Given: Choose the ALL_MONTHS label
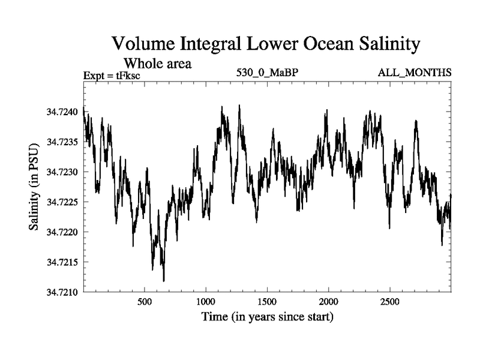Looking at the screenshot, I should click(414, 73).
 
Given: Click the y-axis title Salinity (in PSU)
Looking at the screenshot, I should click(34, 187).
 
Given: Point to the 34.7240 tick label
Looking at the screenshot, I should click(62, 112).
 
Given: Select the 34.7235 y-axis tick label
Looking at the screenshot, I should click(62, 142).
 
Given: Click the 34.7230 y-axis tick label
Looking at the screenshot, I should click(62, 172).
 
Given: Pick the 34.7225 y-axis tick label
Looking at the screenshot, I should click(62, 202).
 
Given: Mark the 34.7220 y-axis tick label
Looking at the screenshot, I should click(62, 232).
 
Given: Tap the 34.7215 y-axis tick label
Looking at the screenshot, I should click(62, 262).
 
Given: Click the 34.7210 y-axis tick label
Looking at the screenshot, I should click(62, 292).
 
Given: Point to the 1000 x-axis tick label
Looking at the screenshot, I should click(206, 301).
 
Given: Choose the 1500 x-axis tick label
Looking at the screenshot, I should click(267, 301).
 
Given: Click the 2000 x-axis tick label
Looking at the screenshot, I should click(329, 301).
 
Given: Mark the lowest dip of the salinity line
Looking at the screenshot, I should click(164, 280).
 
